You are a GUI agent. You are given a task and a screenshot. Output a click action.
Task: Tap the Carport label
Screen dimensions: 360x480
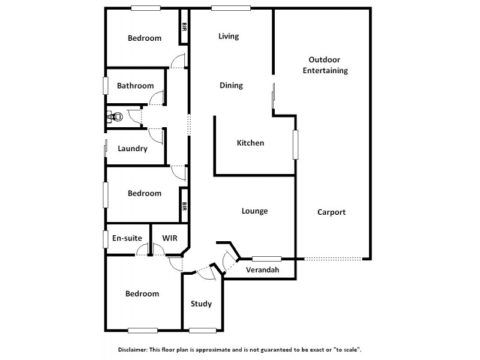[331, 212]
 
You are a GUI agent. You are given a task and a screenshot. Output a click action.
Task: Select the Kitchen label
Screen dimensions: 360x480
[250, 143]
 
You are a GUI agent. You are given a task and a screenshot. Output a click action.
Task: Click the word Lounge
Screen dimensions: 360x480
[254, 211]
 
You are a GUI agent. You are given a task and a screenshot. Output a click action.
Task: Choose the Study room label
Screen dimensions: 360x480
[201, 304]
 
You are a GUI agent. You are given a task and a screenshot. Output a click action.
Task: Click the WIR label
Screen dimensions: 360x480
[170, 238]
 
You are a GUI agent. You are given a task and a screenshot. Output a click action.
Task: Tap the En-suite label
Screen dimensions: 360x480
[127, 238]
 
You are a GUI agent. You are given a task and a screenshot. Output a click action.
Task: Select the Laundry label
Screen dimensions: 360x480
[133, 149]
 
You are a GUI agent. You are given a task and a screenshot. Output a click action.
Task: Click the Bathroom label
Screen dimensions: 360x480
[135, 86]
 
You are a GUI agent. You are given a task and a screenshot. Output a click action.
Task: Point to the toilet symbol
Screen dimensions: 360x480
[115, 116]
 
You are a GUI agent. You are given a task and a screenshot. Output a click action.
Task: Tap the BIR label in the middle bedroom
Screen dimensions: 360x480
[184, 207]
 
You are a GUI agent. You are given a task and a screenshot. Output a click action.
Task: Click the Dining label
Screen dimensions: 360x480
[231, 85]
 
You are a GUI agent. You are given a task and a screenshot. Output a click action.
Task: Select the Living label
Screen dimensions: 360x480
[229, 36]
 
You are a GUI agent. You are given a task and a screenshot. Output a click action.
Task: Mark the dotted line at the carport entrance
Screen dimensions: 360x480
[333, 259]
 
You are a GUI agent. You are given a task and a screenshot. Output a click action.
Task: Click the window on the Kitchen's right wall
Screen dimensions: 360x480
[295, 144]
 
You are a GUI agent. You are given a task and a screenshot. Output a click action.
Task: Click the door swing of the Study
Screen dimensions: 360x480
[206, 272]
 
